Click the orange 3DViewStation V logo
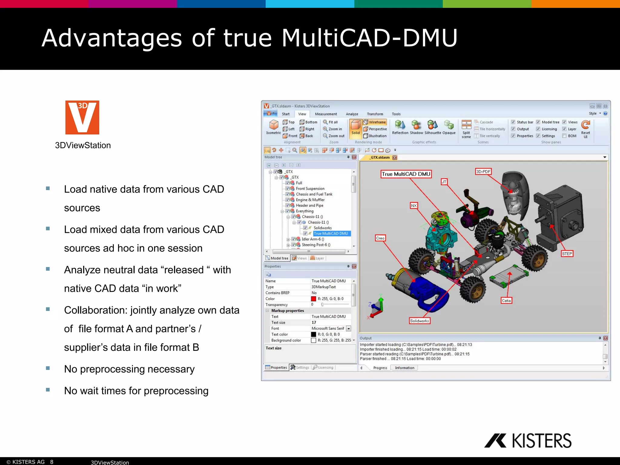tap(82, 117)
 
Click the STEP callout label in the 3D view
tap(567, 254)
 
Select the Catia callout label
tap(506, 301)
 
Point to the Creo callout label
tap(380, 238)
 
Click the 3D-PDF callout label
tap(483, 172)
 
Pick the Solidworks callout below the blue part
tap(419, 321)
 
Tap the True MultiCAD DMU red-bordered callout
tap(406, 174)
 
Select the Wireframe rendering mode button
tap(375, 122)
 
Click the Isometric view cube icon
tap(274, 125)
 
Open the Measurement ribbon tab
tap(326, 114)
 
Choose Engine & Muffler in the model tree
tap(310, 200)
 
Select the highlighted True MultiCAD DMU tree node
tap(331, 233)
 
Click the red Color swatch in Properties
tap(314, 299)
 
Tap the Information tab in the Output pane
tap(404, 368)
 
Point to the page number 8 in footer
tap(52, 462)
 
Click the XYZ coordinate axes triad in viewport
tap(377, 307)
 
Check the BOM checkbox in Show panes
tap(564, 136)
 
